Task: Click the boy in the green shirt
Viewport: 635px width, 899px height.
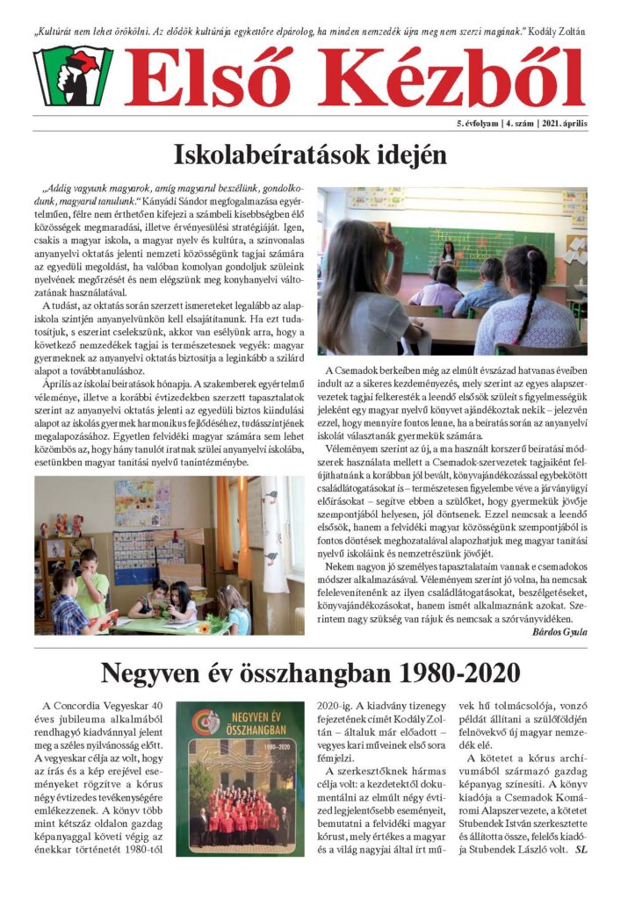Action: pyautogui.click(x=91, y=584)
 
